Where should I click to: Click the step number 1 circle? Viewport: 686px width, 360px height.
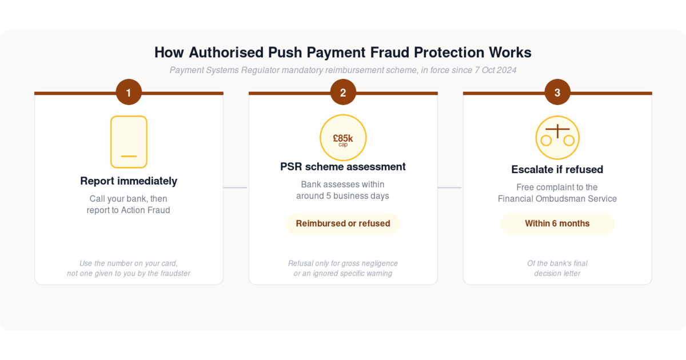click(129, 92)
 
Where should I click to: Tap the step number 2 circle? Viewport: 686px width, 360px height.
click(343, 92)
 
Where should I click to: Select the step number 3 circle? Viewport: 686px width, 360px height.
click(557, 92)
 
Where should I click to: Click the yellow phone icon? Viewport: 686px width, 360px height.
click(129, 142)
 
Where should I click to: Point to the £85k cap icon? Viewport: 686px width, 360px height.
click(343, 138)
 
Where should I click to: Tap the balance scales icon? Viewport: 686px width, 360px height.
click(557, 138)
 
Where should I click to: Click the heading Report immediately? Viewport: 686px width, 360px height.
click(129, 181)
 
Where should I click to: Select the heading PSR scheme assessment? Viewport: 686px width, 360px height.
click(343, 167)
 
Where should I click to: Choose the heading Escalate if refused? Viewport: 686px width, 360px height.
click(557, 170)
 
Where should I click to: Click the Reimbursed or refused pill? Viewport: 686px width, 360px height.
click(343, 224)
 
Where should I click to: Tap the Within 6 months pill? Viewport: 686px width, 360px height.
click(557, 224)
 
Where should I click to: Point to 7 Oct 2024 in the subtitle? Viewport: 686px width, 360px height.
click(496, 70)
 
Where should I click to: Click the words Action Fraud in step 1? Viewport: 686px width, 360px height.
click(145, 210)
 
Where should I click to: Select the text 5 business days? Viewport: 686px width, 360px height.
click(358, 196)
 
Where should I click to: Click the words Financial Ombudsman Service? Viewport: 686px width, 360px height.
click(557, 199)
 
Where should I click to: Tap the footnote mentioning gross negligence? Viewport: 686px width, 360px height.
click(343, 269)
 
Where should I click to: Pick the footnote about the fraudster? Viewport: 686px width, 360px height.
click(129, 269)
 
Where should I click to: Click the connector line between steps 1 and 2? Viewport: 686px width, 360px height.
click(235, 187)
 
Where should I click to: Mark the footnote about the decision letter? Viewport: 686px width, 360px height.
click(557, 269)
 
